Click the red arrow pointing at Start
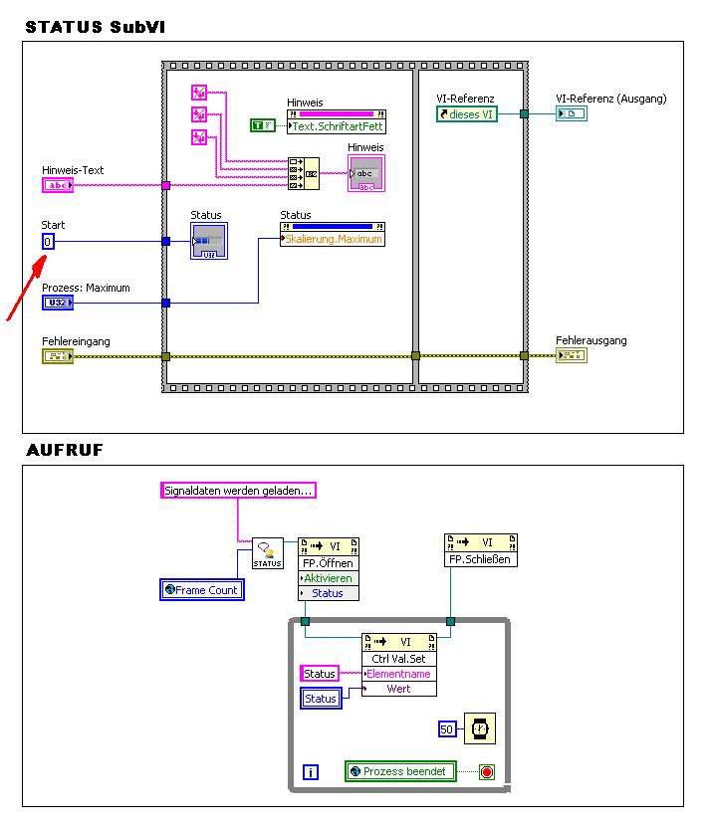click(x=25, y=289)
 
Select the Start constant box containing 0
click(x=49, y=242)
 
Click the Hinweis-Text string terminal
click(x=58, y=185)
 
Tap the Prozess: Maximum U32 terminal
click(x=58, y=303)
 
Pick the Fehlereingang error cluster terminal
click(x=58, y=356)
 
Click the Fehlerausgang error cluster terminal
click(x=571, y=356)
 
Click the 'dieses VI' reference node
click(x=467, y=114)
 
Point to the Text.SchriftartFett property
click(x=336, y=126)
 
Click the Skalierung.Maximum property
click(x=333, y=239)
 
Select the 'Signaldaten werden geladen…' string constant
click(x=238, y=491)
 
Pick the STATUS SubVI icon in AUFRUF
click(x=267, y=553)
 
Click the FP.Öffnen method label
click(x=329, y=563)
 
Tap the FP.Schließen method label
click(x=481, y=559)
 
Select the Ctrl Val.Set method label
click(x=399, y=659)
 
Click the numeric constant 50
click(x=447, y=729)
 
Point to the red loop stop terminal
click(x=486, y=772)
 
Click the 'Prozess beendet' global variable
click(x=400, y=771)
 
